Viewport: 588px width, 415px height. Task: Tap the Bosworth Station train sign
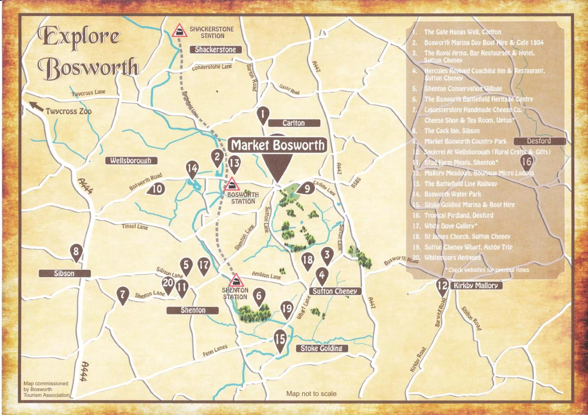pyautogui.click(x=231, y=184)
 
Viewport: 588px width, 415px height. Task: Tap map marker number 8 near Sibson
pyautogui.click(x=76, y=252)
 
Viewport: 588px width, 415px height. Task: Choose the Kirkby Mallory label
pyautogui.click(x=476, y=286)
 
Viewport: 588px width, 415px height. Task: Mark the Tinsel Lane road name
pyautogui.click(x=135, y=226)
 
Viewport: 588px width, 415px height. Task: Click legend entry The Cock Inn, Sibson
pyautogui.click(x=452, y=131)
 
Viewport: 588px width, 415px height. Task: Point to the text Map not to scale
pyautogui.click(x=311, y=393)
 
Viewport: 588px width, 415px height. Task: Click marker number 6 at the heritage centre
pyautogui.click(x=259, y=297)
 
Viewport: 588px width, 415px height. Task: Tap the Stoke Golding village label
pyautogui.click(x=321, y=348)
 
